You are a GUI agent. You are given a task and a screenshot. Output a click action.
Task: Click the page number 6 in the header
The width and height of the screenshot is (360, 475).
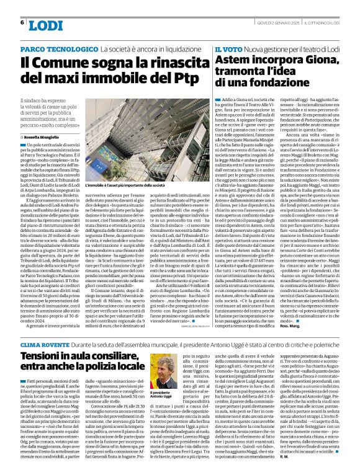pos(22,22)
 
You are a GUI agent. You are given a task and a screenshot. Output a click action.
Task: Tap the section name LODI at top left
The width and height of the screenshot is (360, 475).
pos(46,25)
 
